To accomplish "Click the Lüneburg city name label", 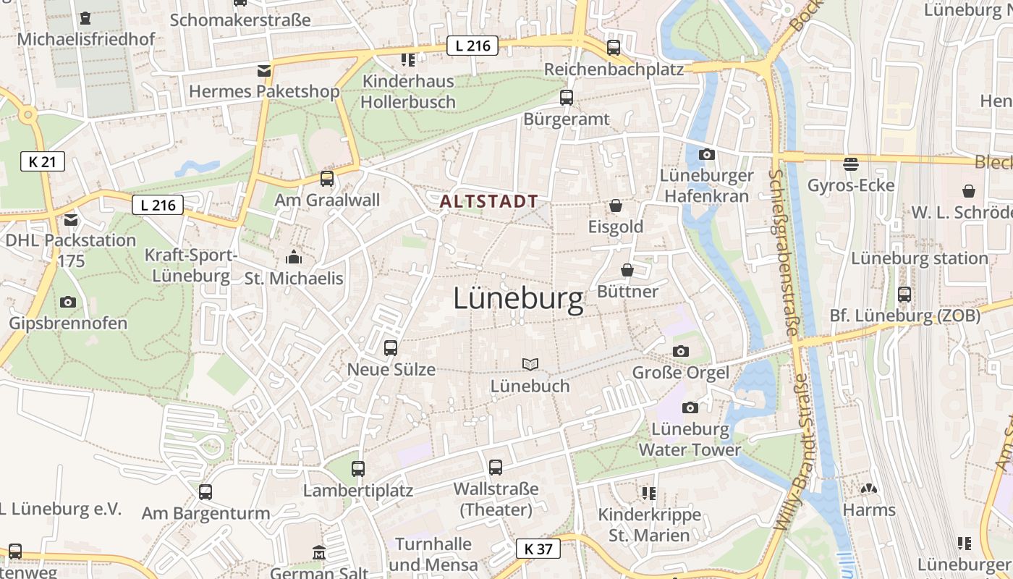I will tap(518, 299).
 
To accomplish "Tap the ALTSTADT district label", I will tap(490, 201).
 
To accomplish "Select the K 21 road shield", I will tap(43, 161).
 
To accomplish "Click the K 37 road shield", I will tap(538, 549).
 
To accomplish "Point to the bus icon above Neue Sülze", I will tap(391, 348).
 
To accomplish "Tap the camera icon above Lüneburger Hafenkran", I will tap(707, 154).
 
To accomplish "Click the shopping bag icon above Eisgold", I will tap(616, 206).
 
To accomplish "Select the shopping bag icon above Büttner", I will tap(627, 270).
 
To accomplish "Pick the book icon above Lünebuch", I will tap(530, 365).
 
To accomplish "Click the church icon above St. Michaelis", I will tap(293, 257).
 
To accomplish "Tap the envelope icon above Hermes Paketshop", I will tap(264, 71).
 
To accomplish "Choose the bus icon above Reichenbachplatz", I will tap(614, 48).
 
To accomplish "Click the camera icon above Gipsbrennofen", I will tap(68, 302).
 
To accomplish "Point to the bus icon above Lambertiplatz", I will tap(358, 469).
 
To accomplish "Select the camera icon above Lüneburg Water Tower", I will tap(690, 407).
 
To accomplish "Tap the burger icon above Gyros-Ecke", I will tap(851, 164).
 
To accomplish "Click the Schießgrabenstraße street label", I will tap(784, 253).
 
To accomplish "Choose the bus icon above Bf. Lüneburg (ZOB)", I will tap(904, 295).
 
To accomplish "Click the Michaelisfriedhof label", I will tap(86, 39).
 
